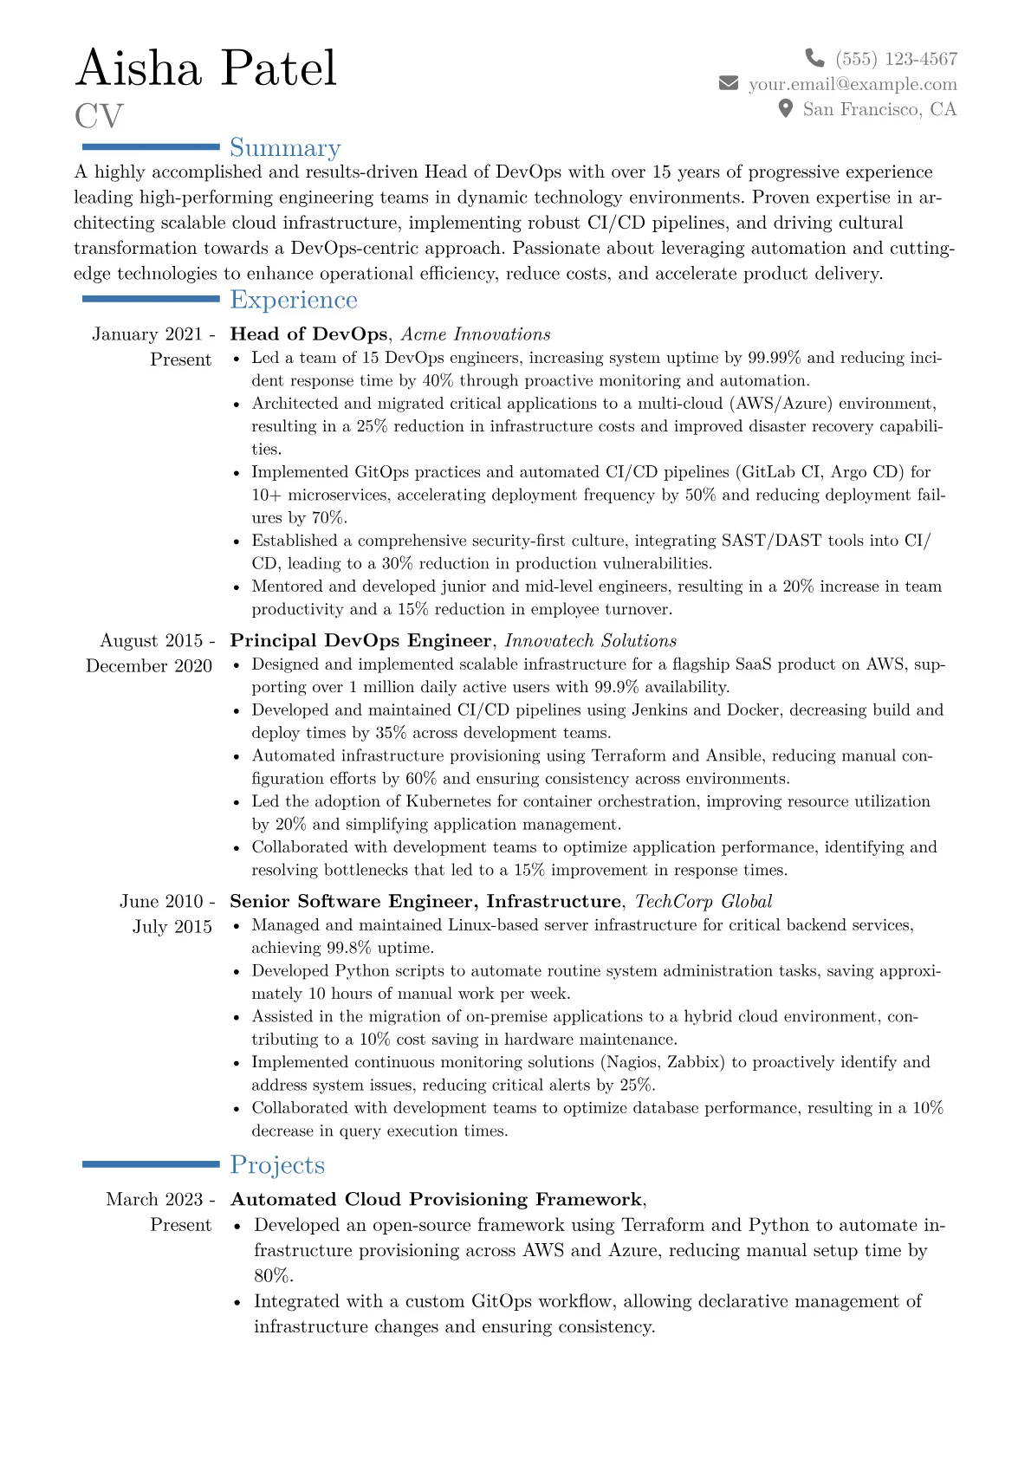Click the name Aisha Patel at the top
(x=205, y=68)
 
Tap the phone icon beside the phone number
(x=814, y=58)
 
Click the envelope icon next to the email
(x=729, y=83)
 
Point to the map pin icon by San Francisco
(x=786, y=108)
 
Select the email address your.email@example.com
(x=853, y=84)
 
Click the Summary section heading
(x=285, y=148)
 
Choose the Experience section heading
(x=293, y=300)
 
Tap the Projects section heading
(x=277, y=1165)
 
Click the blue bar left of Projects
(x=151, y=1164)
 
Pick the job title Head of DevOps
(x=308, y=334)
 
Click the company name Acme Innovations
(x=476, y=334)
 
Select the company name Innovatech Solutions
(x=590, y=641)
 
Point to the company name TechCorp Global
(x=704, y=902)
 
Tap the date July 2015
(x=172, y=927)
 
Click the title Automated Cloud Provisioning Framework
(x=436, y=1200)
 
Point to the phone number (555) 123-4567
(x=896, y=59)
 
